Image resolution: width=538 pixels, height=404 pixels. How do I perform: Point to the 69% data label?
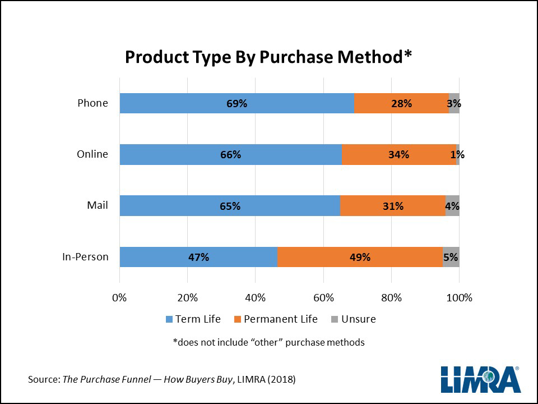click(236, 103)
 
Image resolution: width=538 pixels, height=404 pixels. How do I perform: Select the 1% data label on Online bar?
click(457, 155)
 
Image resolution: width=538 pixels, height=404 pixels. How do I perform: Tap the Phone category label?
click(92, 103)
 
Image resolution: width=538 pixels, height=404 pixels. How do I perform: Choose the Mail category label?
click(97, 206)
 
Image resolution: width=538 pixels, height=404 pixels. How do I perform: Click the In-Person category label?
click(85, 258)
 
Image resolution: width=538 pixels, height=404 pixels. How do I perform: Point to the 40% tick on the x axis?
click(255, 297)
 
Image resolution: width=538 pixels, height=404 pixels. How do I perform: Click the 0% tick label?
click(119, 297)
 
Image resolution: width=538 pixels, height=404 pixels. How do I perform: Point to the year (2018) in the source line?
click(281, 380)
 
